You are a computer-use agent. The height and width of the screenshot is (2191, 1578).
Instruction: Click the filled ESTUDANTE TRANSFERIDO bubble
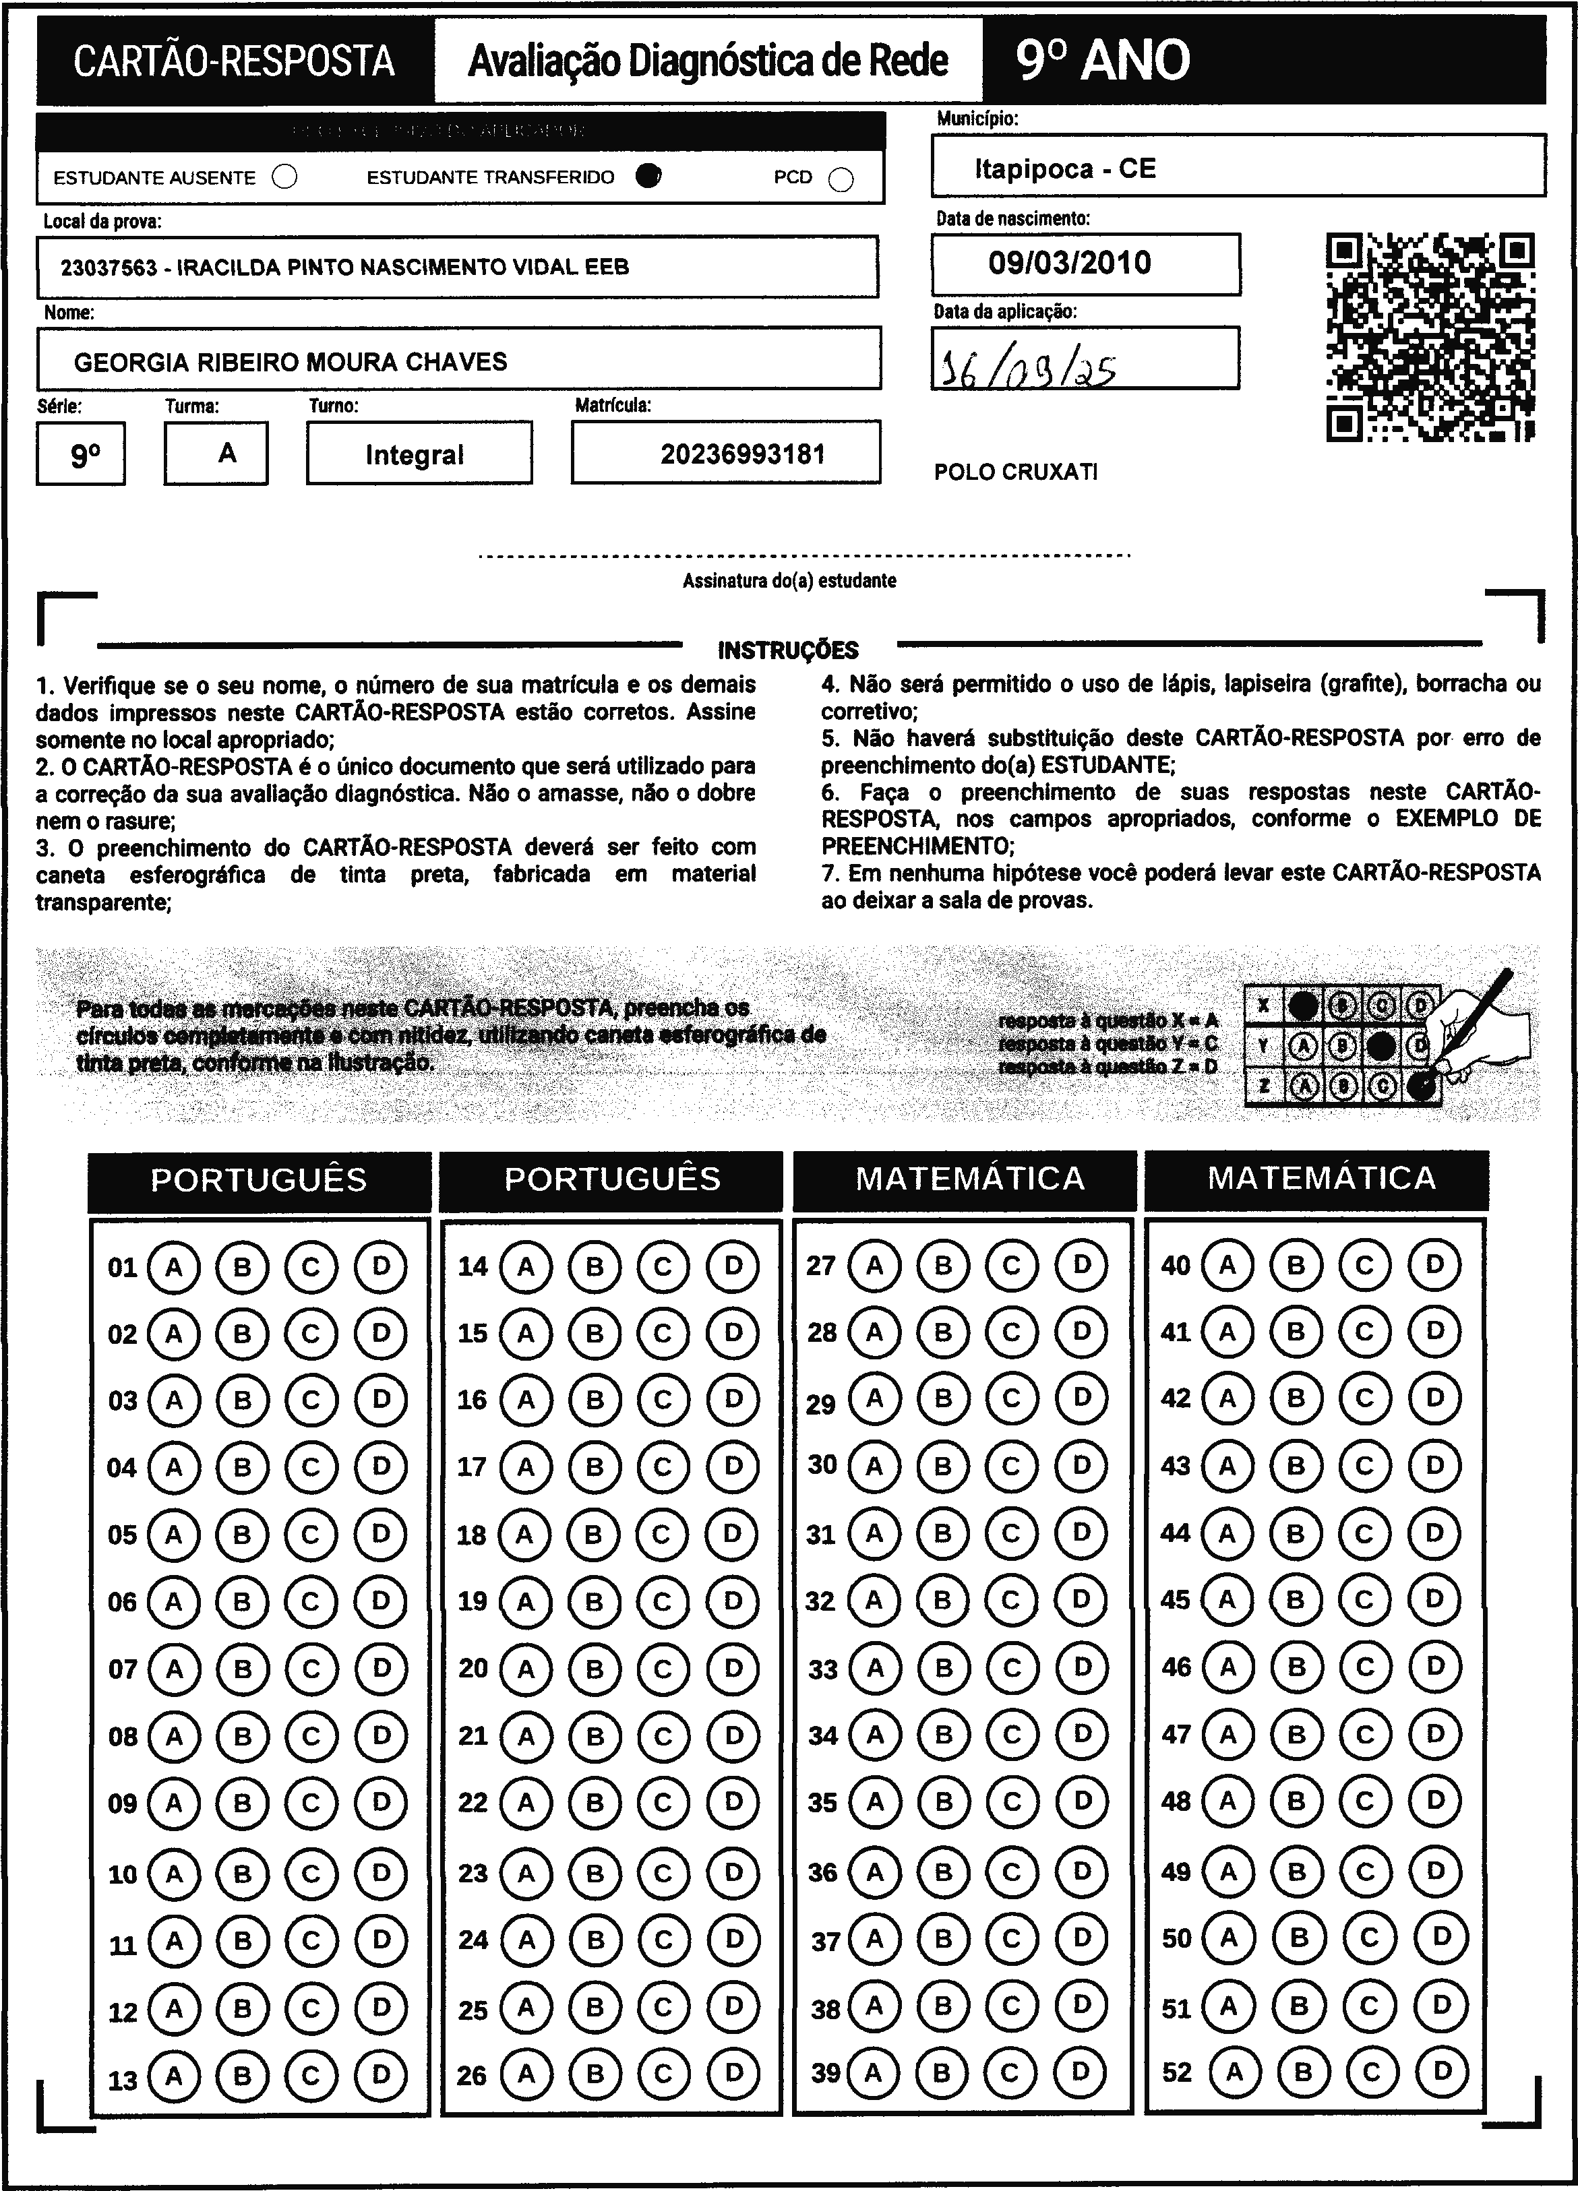[649, 175]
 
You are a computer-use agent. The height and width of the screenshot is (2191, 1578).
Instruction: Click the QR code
[1430, 337]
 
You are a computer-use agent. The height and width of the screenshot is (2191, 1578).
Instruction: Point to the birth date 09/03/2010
[1070, 263]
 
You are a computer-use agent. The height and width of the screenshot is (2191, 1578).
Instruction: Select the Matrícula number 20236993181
[742, 454]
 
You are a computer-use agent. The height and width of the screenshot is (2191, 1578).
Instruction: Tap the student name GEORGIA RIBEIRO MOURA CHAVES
[290, 363]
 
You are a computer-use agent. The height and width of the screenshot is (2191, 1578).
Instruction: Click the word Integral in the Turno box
[415, 455]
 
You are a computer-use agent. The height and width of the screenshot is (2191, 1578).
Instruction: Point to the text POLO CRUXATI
[1016, 472]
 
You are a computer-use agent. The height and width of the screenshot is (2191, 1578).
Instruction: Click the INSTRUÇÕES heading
[787, 650]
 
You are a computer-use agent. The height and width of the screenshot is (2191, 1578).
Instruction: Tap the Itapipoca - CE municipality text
[1065, 169]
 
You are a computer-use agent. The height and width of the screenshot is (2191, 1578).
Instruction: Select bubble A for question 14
[526, 1266]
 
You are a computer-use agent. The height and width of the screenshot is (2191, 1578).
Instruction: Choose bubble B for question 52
[1302, 2071]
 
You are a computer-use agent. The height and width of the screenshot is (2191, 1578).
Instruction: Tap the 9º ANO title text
[1103, 61]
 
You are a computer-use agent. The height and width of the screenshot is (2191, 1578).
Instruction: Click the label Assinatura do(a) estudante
[789, 580]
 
